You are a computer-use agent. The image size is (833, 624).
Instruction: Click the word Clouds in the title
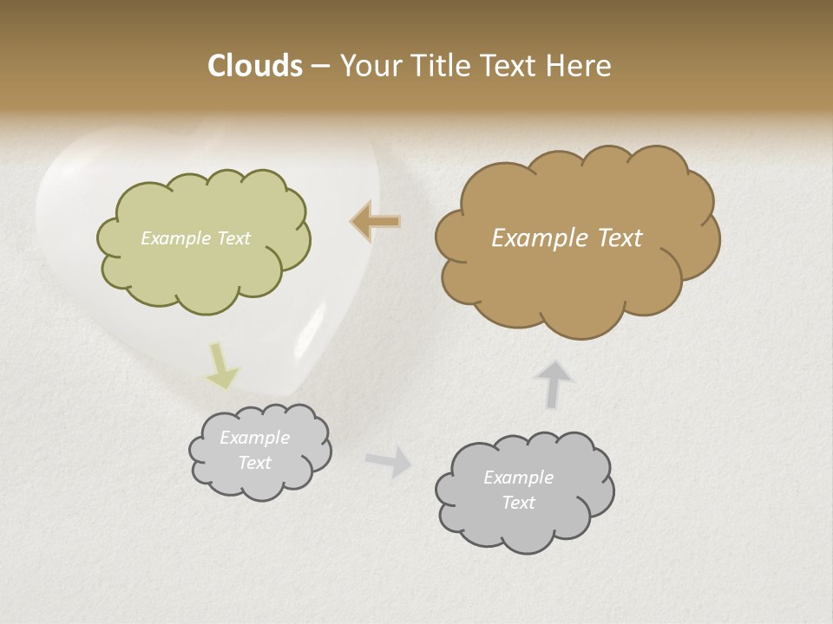(255, 66)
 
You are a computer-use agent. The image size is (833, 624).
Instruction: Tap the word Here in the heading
(578, 66)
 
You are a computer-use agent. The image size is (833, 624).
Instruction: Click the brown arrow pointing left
(377, 222)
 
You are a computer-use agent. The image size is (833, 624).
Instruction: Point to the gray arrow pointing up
(555, 384)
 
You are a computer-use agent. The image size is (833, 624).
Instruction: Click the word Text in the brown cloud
(620, 237)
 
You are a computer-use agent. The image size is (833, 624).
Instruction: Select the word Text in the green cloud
(233, 237)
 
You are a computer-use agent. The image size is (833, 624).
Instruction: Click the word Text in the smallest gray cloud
(255, 463)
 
